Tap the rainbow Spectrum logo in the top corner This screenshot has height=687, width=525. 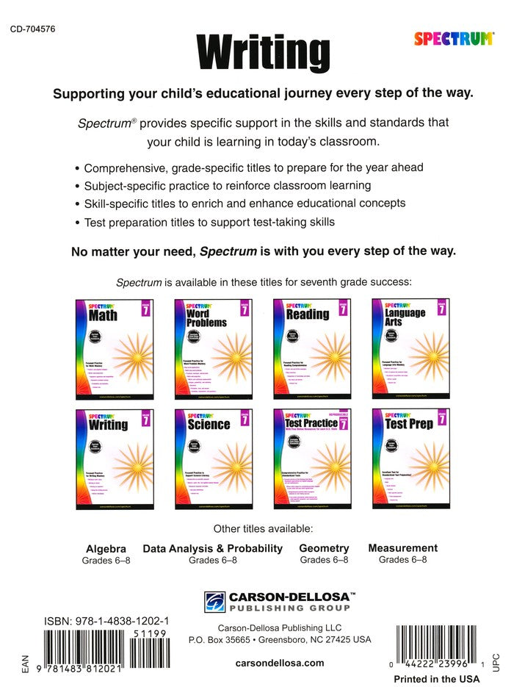[x=454, y=39]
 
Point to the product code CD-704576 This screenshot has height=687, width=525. [x=34, y=29]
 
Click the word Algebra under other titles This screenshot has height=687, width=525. [x=106, y=548]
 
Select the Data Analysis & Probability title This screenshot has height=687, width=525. [x=212, y=548]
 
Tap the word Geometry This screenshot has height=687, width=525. [x=324, y=548]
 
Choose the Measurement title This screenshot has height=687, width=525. [x=402, y=547]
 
